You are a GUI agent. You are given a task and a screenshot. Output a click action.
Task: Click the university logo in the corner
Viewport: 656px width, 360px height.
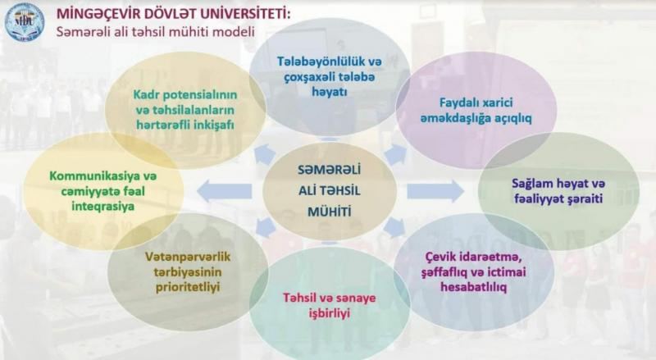pos(25,22)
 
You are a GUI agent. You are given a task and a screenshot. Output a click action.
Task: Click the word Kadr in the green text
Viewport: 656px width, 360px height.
pos(146,94)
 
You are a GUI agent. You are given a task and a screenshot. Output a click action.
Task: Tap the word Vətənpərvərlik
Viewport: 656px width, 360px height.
pos(188,257)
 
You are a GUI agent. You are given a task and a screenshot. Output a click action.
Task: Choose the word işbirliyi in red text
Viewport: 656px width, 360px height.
pos(330,313)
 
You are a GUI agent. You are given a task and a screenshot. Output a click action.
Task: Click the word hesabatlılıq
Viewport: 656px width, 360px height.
pos(474,287)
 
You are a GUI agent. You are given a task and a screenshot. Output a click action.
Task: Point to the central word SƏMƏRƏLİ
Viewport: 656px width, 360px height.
pos(330,170)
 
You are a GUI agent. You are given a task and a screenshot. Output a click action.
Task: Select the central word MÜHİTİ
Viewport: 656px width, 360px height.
pos(330,212)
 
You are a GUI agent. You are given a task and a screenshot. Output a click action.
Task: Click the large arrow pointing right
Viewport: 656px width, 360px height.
pos(435,191)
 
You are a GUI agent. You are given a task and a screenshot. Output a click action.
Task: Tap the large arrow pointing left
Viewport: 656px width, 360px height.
pos(224,191)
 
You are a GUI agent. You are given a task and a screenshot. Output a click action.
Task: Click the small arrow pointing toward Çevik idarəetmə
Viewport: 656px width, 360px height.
pos(394,228)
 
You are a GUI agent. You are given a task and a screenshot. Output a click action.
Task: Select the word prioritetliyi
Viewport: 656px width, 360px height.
pos(188,288)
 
